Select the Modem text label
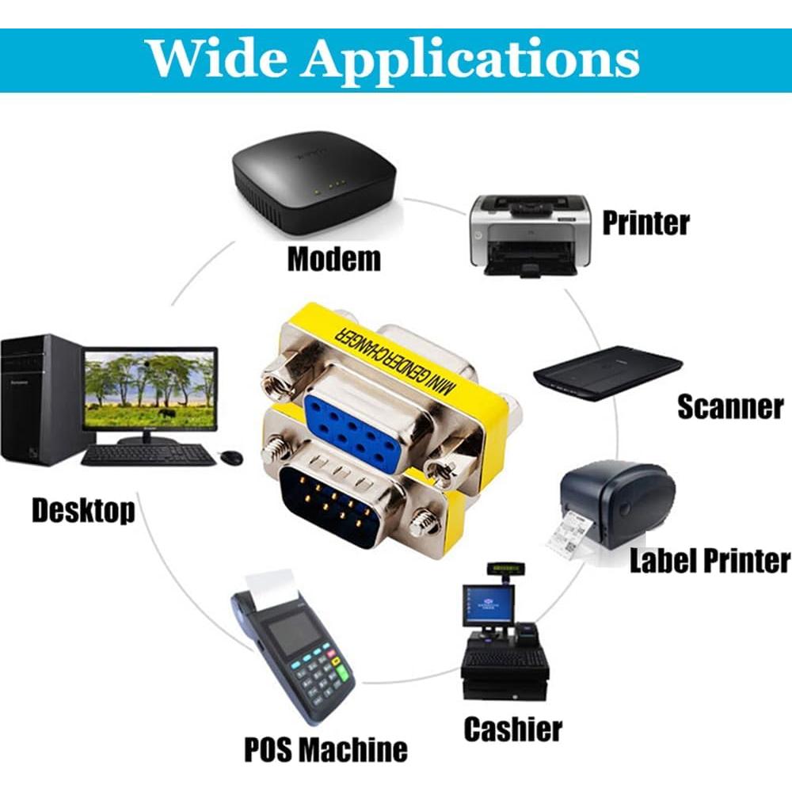click(333, 259)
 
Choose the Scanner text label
click(729, 406)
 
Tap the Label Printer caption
click(710, 561)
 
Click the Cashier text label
click(512, 728)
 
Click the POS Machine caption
click(326, 748)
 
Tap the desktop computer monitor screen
click(150, 390)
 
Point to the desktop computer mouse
click(230, 457)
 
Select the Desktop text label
click(83, 510)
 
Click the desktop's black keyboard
click(148, 455)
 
